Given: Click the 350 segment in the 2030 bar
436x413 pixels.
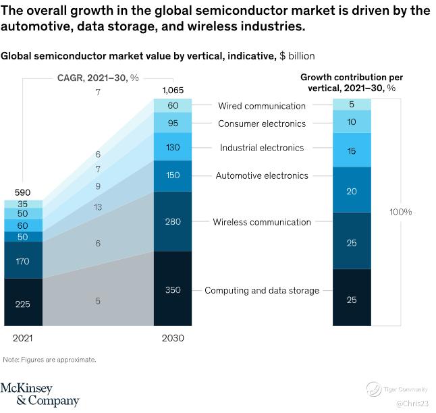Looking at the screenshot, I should point(173,290).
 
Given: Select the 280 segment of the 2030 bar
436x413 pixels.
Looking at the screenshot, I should point(173,221).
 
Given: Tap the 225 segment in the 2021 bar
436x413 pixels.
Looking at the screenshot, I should point(23,304).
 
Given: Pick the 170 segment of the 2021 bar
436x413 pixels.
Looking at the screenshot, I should point(23,260).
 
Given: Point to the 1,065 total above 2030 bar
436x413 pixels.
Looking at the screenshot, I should point(173,90).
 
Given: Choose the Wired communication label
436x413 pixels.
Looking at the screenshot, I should point(261,106).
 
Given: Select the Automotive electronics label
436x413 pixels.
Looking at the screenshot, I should point(261,175).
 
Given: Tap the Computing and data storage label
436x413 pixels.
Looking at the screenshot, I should point(261,290).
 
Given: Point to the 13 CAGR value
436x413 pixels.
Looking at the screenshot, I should point(98,207).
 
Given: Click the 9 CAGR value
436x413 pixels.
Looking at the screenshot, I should point(98,186).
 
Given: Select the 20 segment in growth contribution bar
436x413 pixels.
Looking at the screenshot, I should point(352,190).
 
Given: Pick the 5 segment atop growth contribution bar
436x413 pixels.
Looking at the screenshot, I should point(352,105).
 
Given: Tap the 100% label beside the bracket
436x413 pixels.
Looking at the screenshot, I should point(400,212).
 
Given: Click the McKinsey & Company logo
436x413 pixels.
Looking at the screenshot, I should point(39,394).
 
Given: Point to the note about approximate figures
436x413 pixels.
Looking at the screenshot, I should point(49,360).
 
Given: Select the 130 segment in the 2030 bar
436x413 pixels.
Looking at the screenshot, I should point(173,147).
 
